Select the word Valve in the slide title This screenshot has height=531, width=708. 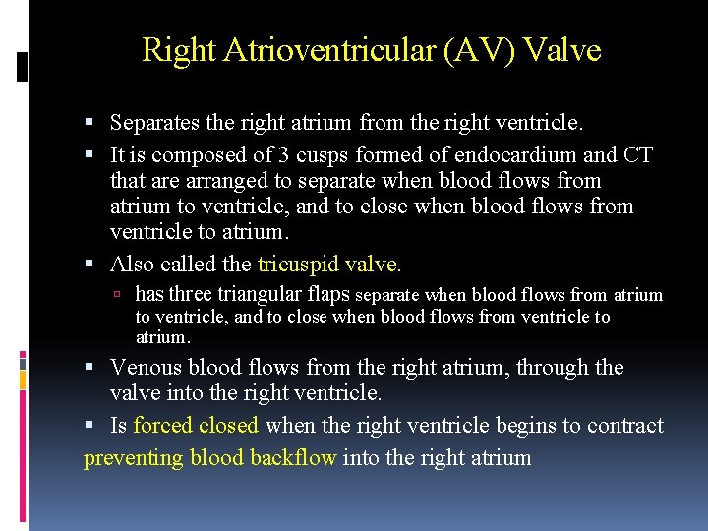point(562,50)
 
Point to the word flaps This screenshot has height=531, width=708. point(326,295)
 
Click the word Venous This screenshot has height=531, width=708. point(147,368)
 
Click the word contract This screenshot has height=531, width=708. point(625,426)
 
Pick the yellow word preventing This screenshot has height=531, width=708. point(134,458)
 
